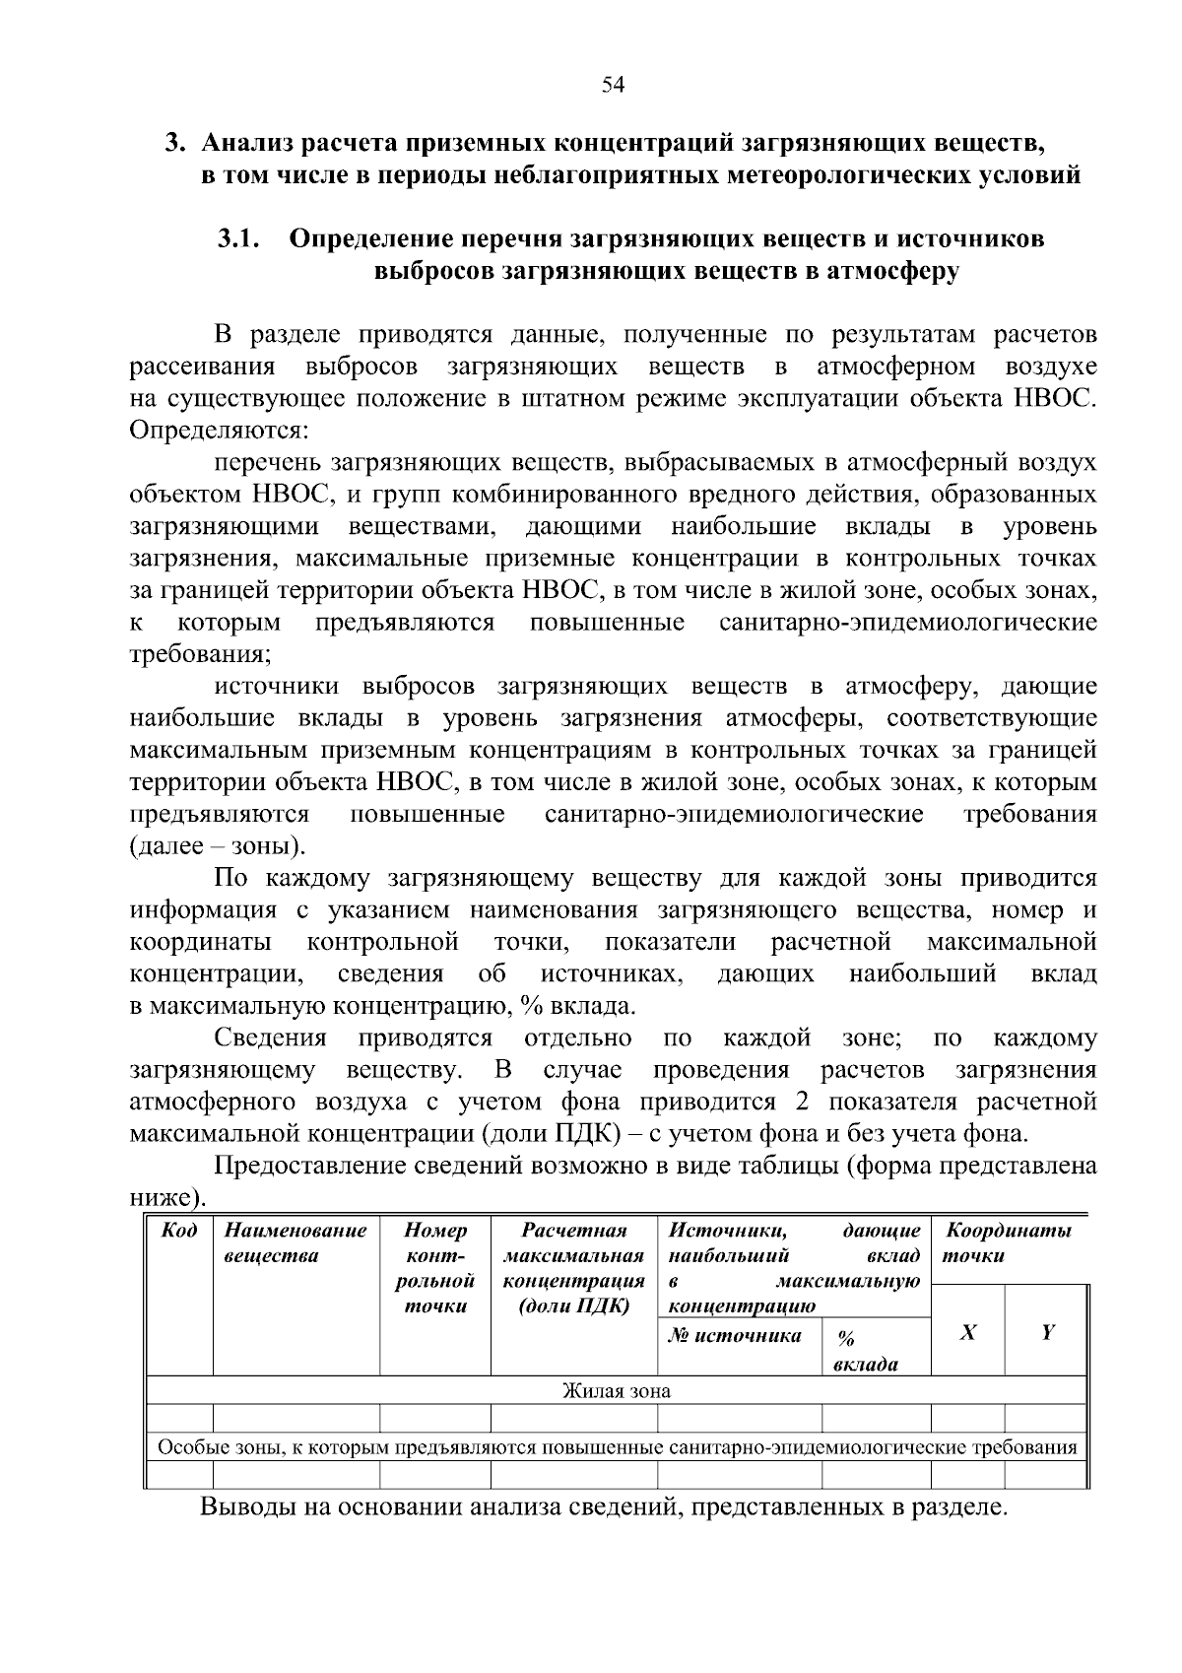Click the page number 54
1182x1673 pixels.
(x=613, y=85)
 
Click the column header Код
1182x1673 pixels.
(x=178, y=1231)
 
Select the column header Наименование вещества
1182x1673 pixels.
(x=295, y=1242)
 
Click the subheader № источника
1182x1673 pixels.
(x=735, y=1336)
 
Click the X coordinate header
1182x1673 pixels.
(x=968, y=1333)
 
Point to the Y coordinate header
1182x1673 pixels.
(x=1047, y=1333)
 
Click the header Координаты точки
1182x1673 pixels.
(x=1007, y=1242)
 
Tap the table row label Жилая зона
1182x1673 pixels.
(x=616, y=1391)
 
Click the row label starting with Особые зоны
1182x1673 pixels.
(x=617, y=1447)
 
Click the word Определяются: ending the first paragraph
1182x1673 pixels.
(x=220, y=431)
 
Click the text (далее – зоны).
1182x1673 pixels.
(x=218, y=846)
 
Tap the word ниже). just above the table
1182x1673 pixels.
(x=168, y=1198)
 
